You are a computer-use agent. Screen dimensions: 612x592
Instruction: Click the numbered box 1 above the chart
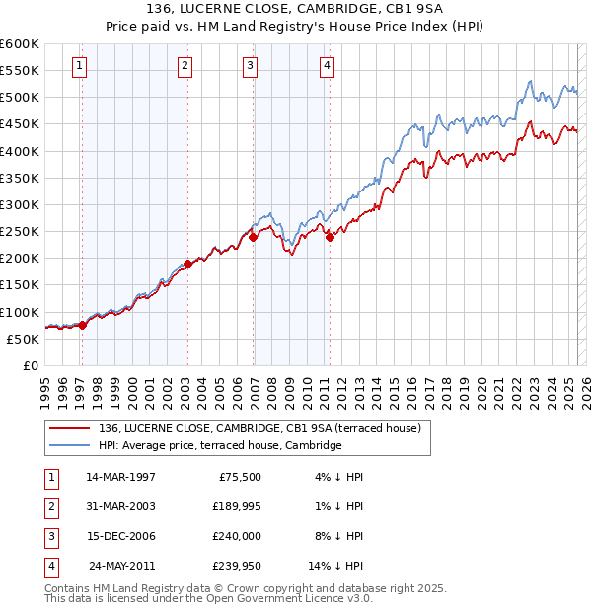[x=79, y=66]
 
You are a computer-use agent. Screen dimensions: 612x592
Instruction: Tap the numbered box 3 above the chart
[x=251, y=66]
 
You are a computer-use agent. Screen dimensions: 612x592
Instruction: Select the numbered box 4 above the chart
[x=327, y=66]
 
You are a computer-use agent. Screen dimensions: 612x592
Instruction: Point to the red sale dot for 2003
[x=187, y=264]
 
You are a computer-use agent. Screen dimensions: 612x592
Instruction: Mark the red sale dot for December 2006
[x=254, y=237]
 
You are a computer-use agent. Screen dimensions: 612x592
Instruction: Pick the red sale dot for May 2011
[x=330, y=237]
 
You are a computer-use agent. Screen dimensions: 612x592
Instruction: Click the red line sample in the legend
[x=71, y=428]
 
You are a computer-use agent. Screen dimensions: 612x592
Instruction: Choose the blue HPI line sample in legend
[x=71, y=445]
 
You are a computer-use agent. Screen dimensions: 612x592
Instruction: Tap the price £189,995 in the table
[x=233, y=506]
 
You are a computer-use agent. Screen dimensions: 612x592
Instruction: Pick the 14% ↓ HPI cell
[x=335, y=566]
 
